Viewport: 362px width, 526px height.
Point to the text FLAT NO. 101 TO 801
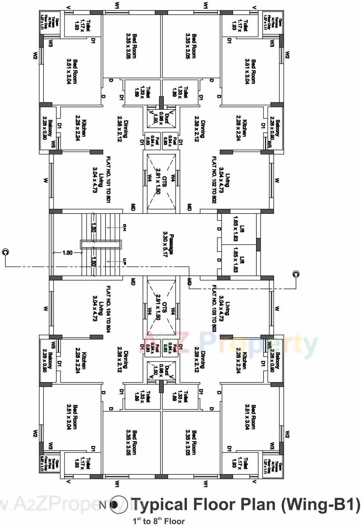tap(108, 179)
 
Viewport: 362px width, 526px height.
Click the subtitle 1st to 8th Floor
tap(159, 521)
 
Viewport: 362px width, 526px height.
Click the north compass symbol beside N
tap(119, 505)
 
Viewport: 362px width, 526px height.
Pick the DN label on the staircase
tap(125, 227)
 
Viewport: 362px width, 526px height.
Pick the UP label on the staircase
tap(125, 261)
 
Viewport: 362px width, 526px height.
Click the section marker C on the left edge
tap(5, 252)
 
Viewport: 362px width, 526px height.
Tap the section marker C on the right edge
tap(296, 274)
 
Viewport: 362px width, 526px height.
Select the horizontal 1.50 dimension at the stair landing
tap(67, 253)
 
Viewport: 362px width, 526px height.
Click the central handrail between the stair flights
tap(101, 244)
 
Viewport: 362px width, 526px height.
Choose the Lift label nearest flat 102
tap(242, 229)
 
